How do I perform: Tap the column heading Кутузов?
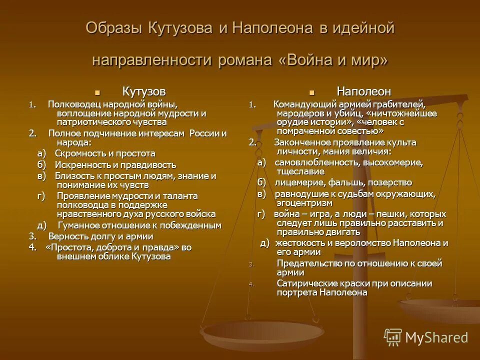point(144,91)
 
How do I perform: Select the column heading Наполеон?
point(363,91)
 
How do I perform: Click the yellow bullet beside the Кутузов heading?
point(97,92)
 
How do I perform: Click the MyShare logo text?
point(436,337)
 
